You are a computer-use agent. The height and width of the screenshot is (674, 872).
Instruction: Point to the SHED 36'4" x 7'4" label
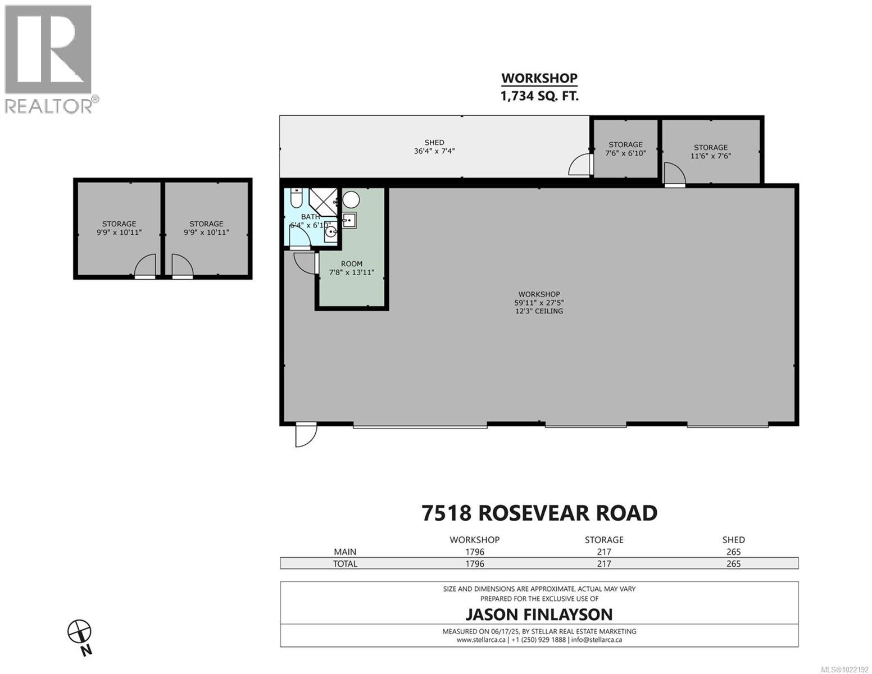(434, 147)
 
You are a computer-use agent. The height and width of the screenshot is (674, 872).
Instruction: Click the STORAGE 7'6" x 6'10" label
(625, 149)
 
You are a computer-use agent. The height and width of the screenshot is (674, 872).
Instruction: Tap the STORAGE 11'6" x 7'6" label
(710, 152)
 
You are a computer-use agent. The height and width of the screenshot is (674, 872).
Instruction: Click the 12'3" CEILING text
(539, 311)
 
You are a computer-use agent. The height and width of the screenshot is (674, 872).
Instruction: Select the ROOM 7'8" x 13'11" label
(352, 268)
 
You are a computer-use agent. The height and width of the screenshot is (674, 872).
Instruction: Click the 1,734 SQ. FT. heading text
(539, 96)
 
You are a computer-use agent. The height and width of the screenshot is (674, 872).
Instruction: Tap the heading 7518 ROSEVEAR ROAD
(539, 513)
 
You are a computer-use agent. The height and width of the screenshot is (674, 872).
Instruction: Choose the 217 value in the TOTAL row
(604, 564)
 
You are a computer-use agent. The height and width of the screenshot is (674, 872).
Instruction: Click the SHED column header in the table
(733, 540)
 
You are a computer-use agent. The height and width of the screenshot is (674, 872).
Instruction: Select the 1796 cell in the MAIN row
(474, 552)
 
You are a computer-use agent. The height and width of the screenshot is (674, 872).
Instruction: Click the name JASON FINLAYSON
(539, 614)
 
